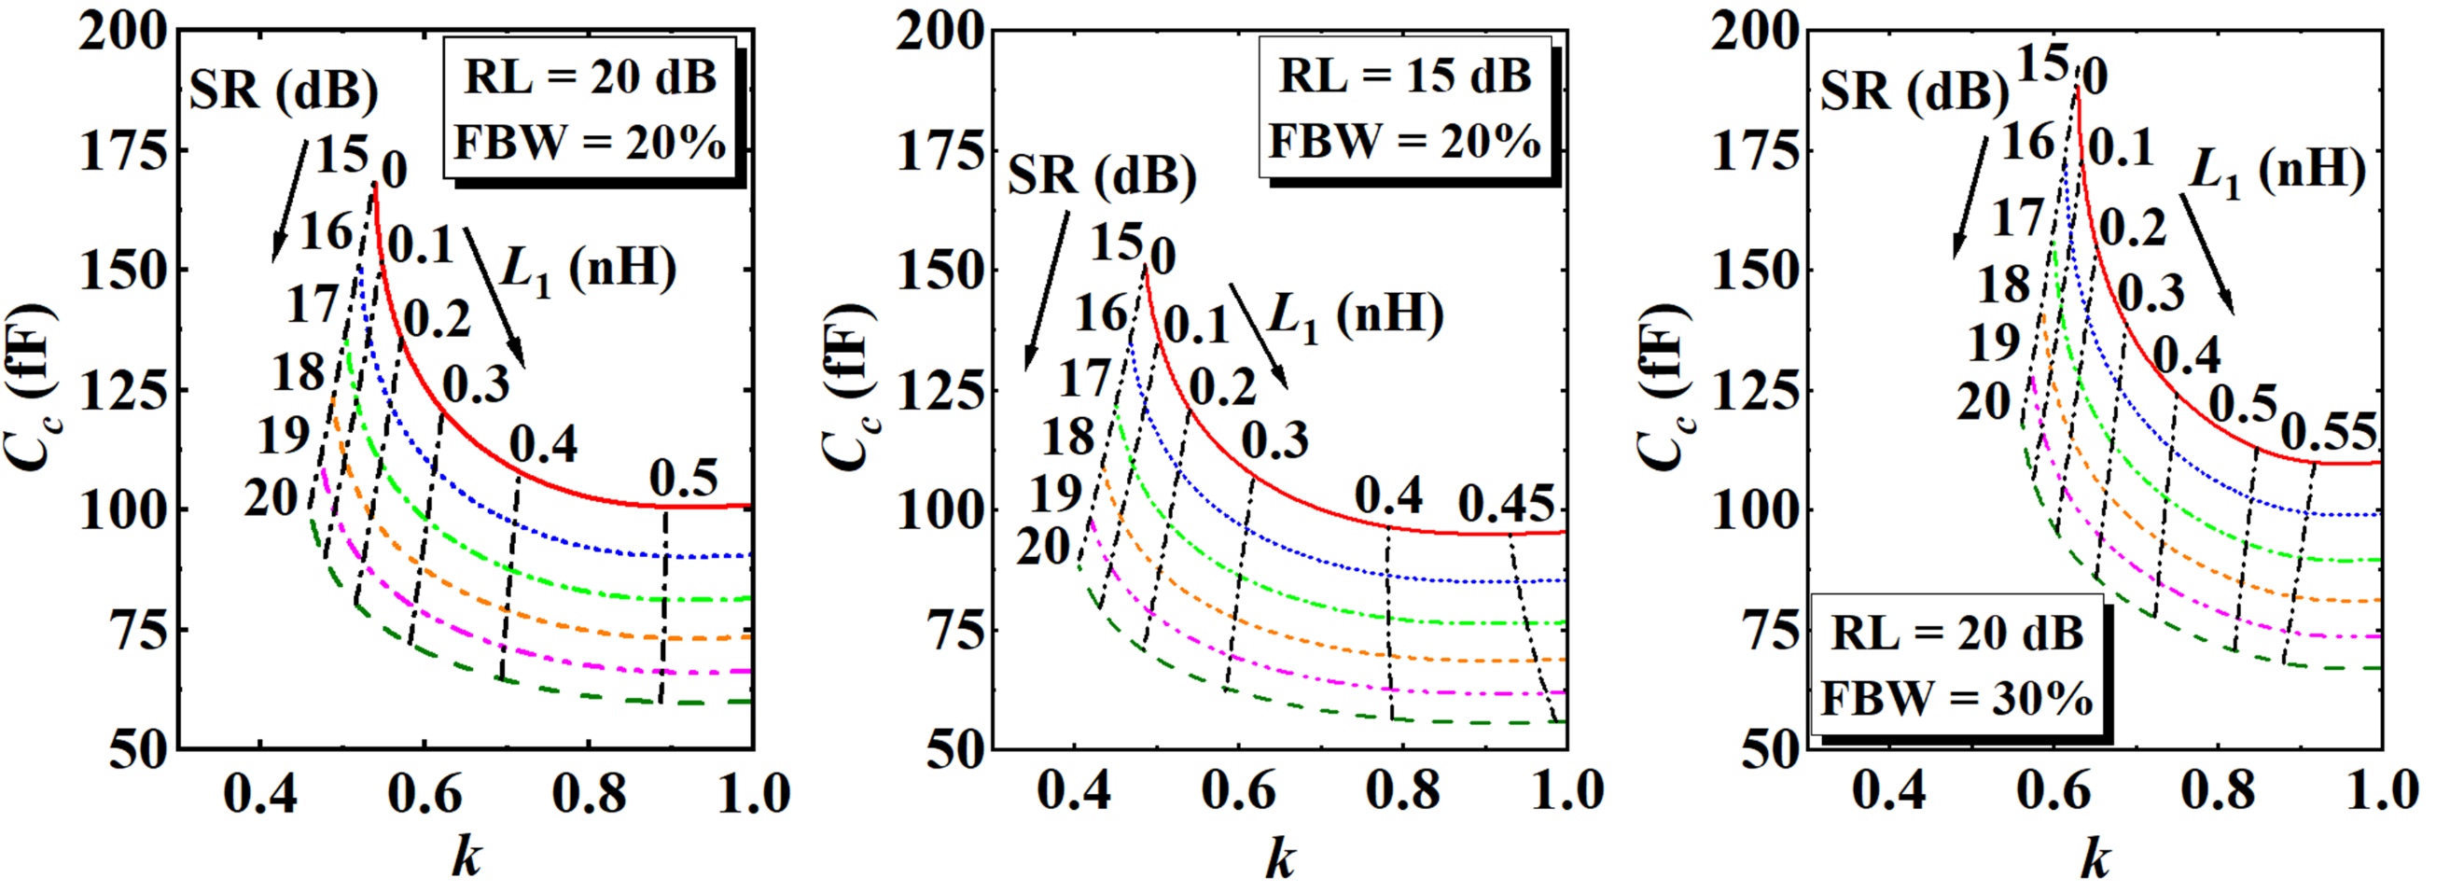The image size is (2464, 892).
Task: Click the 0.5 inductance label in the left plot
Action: pos(683,478)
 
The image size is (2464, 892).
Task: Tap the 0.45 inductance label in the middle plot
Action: pos(1507,504)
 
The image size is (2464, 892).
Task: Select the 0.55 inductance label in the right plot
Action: pos(2328,433)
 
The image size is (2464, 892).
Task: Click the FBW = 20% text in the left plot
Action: pos(590,144)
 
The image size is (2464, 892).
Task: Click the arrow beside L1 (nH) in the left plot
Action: pos(494,297)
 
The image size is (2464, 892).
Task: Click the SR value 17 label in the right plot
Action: pos(2017,219)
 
